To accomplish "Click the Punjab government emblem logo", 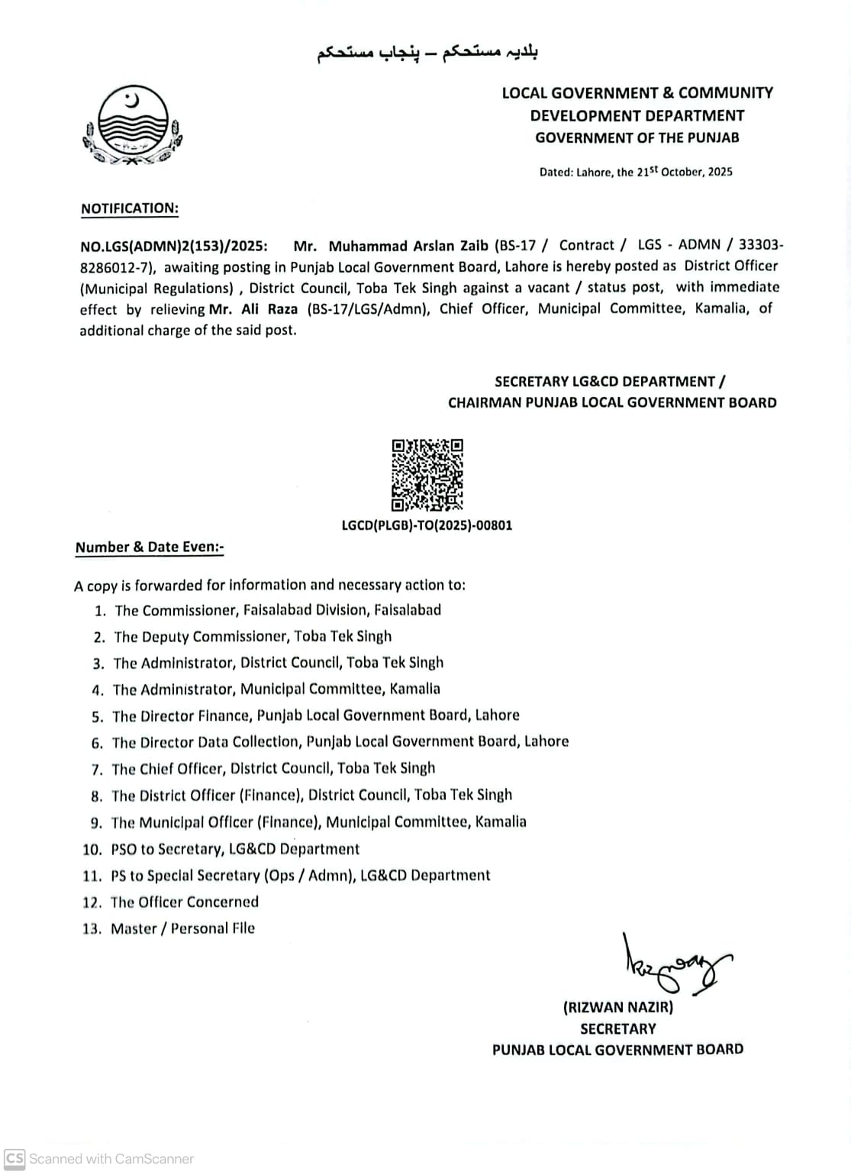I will [x=132, y=127].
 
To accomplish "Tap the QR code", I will [x=427, y=475].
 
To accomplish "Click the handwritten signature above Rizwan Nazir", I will [x=672, y=967].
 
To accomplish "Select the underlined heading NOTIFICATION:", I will [x=129, y=208].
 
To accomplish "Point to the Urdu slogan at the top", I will [x=427, y=53].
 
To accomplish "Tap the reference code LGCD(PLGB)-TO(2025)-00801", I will [x=427, y=525].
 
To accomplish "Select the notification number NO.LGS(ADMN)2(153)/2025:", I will [x=174, y=246].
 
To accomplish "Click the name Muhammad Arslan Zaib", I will [x=408, y=246].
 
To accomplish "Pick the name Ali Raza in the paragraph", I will [x=269, y=309].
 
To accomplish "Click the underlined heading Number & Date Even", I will [x=149, y=547].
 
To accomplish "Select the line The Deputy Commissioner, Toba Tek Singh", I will [x=253, y=637].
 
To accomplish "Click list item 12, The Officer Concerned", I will [x=184, y=902].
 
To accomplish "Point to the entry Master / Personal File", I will [x=182, y=928].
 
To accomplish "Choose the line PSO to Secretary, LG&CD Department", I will [x=234, y=849].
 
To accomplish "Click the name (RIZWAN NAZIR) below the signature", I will [x=618, y=1007].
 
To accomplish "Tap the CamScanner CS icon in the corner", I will [x=15, y=1158].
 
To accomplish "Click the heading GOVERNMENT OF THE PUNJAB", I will [x=637, y=138].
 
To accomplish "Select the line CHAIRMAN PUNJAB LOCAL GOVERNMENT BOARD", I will [x=612, y=402].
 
